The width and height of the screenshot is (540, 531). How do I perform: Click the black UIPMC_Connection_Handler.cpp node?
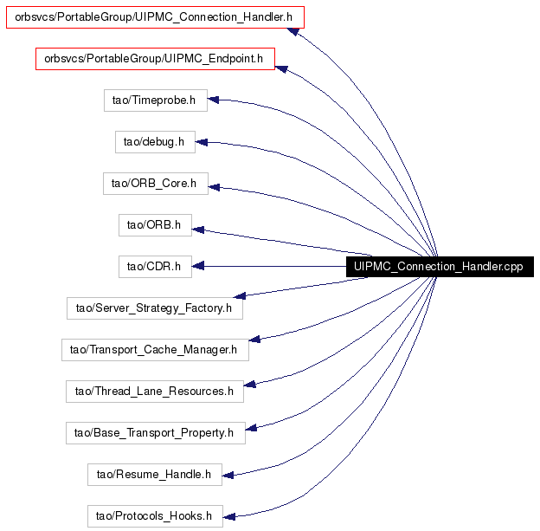tap(440, 267)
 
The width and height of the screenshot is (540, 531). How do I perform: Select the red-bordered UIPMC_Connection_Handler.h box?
tap(155, 17)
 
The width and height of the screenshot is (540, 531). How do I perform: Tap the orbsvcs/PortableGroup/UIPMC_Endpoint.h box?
tap(155, 59)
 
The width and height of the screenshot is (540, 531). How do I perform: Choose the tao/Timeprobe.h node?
tap(156, 100)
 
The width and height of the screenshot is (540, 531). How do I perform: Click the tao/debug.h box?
tap(155, 142)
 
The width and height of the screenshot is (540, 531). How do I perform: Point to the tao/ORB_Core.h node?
tap(156, 184)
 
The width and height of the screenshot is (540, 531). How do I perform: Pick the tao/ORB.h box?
tap(155, 225)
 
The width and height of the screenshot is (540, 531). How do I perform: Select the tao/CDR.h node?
tap(155, 267)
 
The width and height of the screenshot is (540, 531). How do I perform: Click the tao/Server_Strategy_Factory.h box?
tap(155, 308)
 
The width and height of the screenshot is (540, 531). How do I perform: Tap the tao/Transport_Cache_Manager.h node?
tap(155, 350)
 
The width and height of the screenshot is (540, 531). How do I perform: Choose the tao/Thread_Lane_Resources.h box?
tap(155, 392)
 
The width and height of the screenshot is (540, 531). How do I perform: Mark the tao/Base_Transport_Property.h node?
tap(156, 433)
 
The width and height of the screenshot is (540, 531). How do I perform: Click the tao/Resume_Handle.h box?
tap(155, 475)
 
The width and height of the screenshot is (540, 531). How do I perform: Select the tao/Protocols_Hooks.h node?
tap(155, 516)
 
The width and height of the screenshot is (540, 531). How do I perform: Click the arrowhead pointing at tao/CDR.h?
tap(198, 266)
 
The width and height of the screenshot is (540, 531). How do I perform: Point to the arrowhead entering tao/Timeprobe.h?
tap(213, 100)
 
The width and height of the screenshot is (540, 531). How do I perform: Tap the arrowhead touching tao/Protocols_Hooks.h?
tap(229, 516)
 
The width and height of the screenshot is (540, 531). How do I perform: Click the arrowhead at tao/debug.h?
tap(201, 142)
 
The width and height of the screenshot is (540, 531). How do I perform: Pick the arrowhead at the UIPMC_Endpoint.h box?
tap(282, 69)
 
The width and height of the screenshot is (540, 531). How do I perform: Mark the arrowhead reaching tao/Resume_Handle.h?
tap(228, 476)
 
